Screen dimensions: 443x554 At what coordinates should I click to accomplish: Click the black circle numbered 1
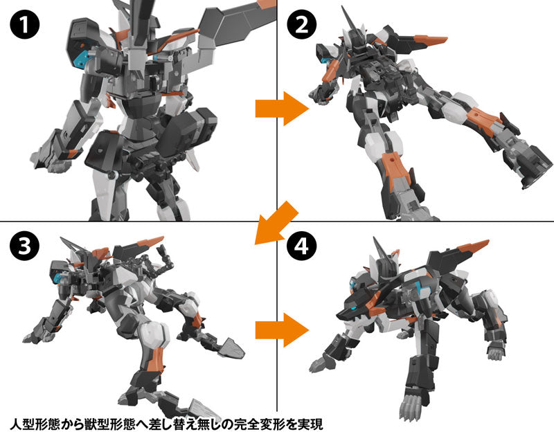point(23,27)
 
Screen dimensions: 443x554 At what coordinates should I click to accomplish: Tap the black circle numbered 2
point(303,27)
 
